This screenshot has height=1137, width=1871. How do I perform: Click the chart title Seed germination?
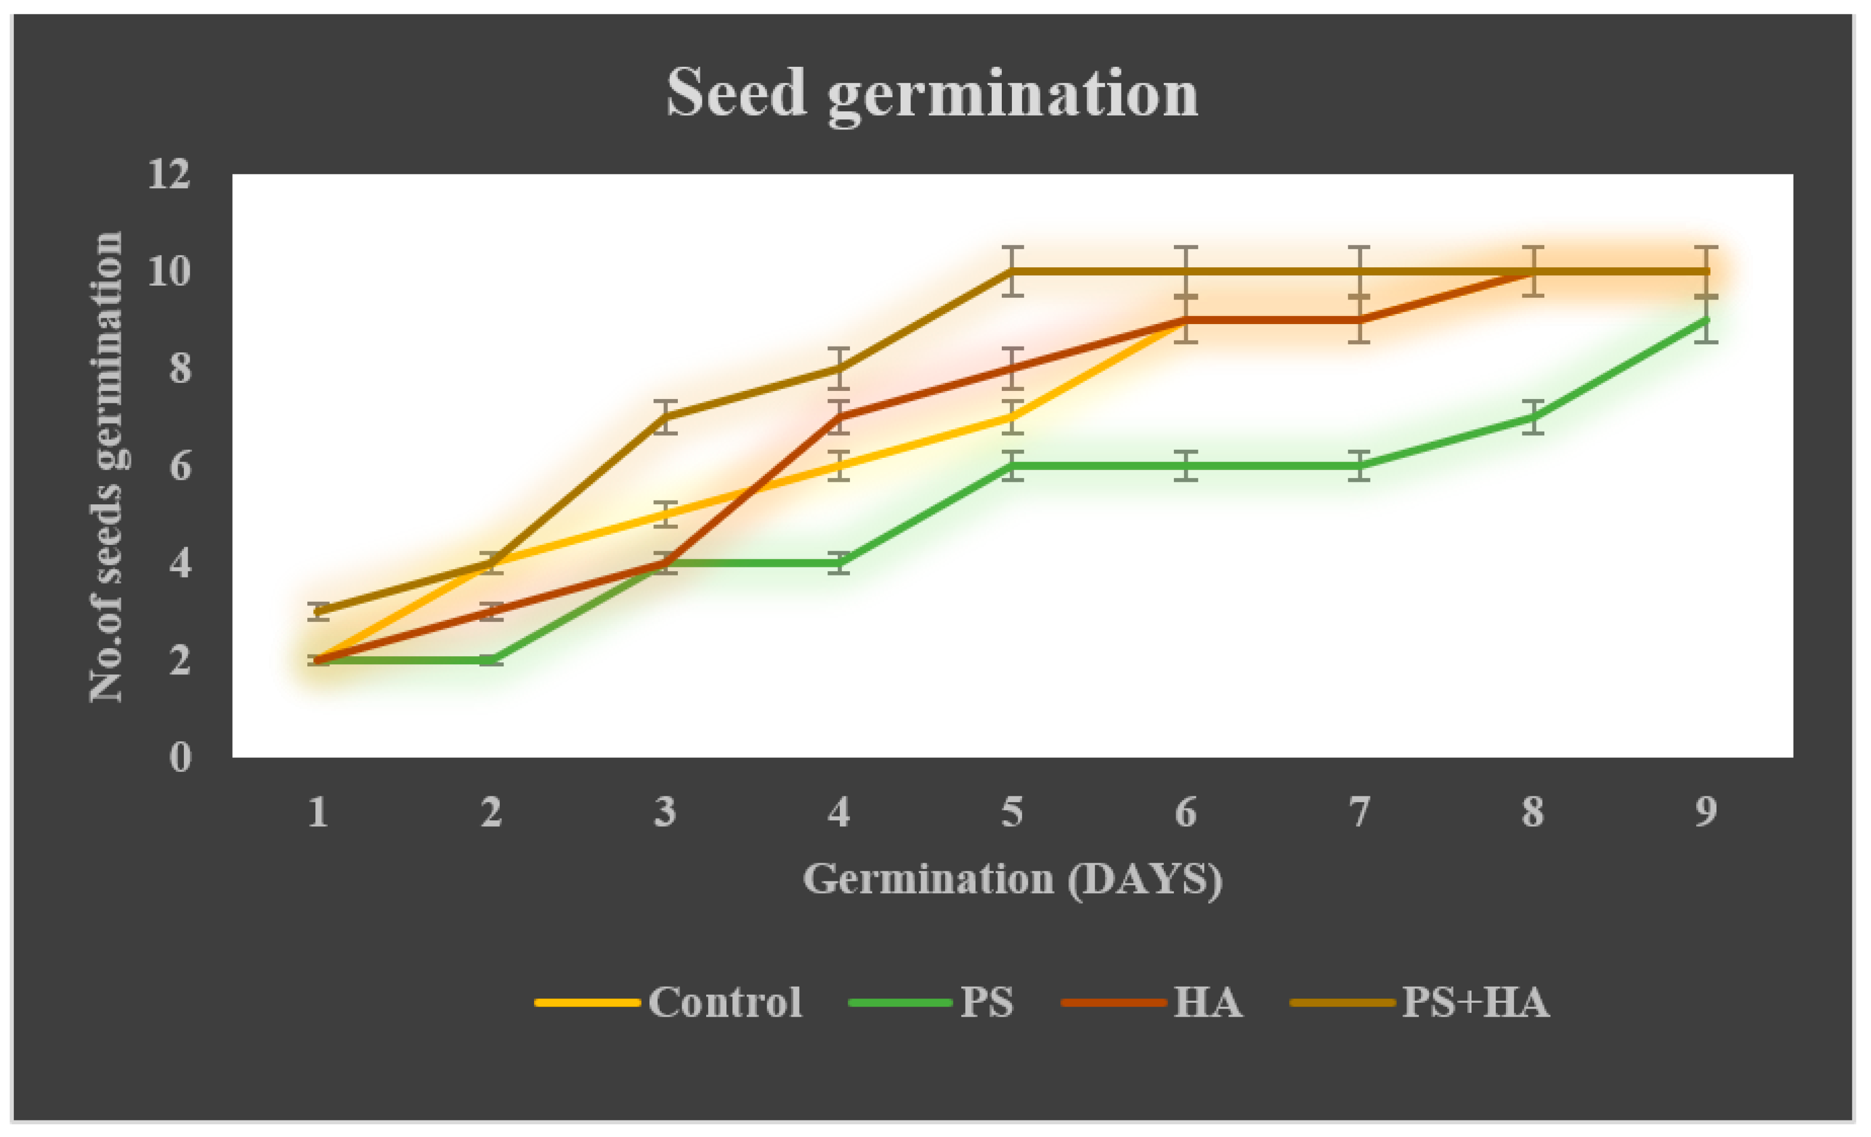point(932,94)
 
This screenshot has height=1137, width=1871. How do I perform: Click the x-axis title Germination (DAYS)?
point(1012,880)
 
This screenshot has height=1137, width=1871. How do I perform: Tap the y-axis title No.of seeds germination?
point(106,466)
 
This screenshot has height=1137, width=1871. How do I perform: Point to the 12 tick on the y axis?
point(168,175)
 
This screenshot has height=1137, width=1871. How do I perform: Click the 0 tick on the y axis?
point(180,757)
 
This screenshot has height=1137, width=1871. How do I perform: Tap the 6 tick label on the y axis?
point(180,466)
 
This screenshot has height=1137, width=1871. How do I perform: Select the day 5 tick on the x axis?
point(1012,812)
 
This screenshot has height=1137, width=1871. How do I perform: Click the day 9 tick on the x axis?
point(1706,812)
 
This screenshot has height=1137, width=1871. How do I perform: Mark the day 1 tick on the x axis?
point(318,812)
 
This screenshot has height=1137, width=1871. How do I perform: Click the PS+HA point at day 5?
point(1012,271)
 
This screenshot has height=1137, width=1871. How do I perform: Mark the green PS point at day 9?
point(1706,320)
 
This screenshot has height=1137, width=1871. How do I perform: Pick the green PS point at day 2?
point(492,660)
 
